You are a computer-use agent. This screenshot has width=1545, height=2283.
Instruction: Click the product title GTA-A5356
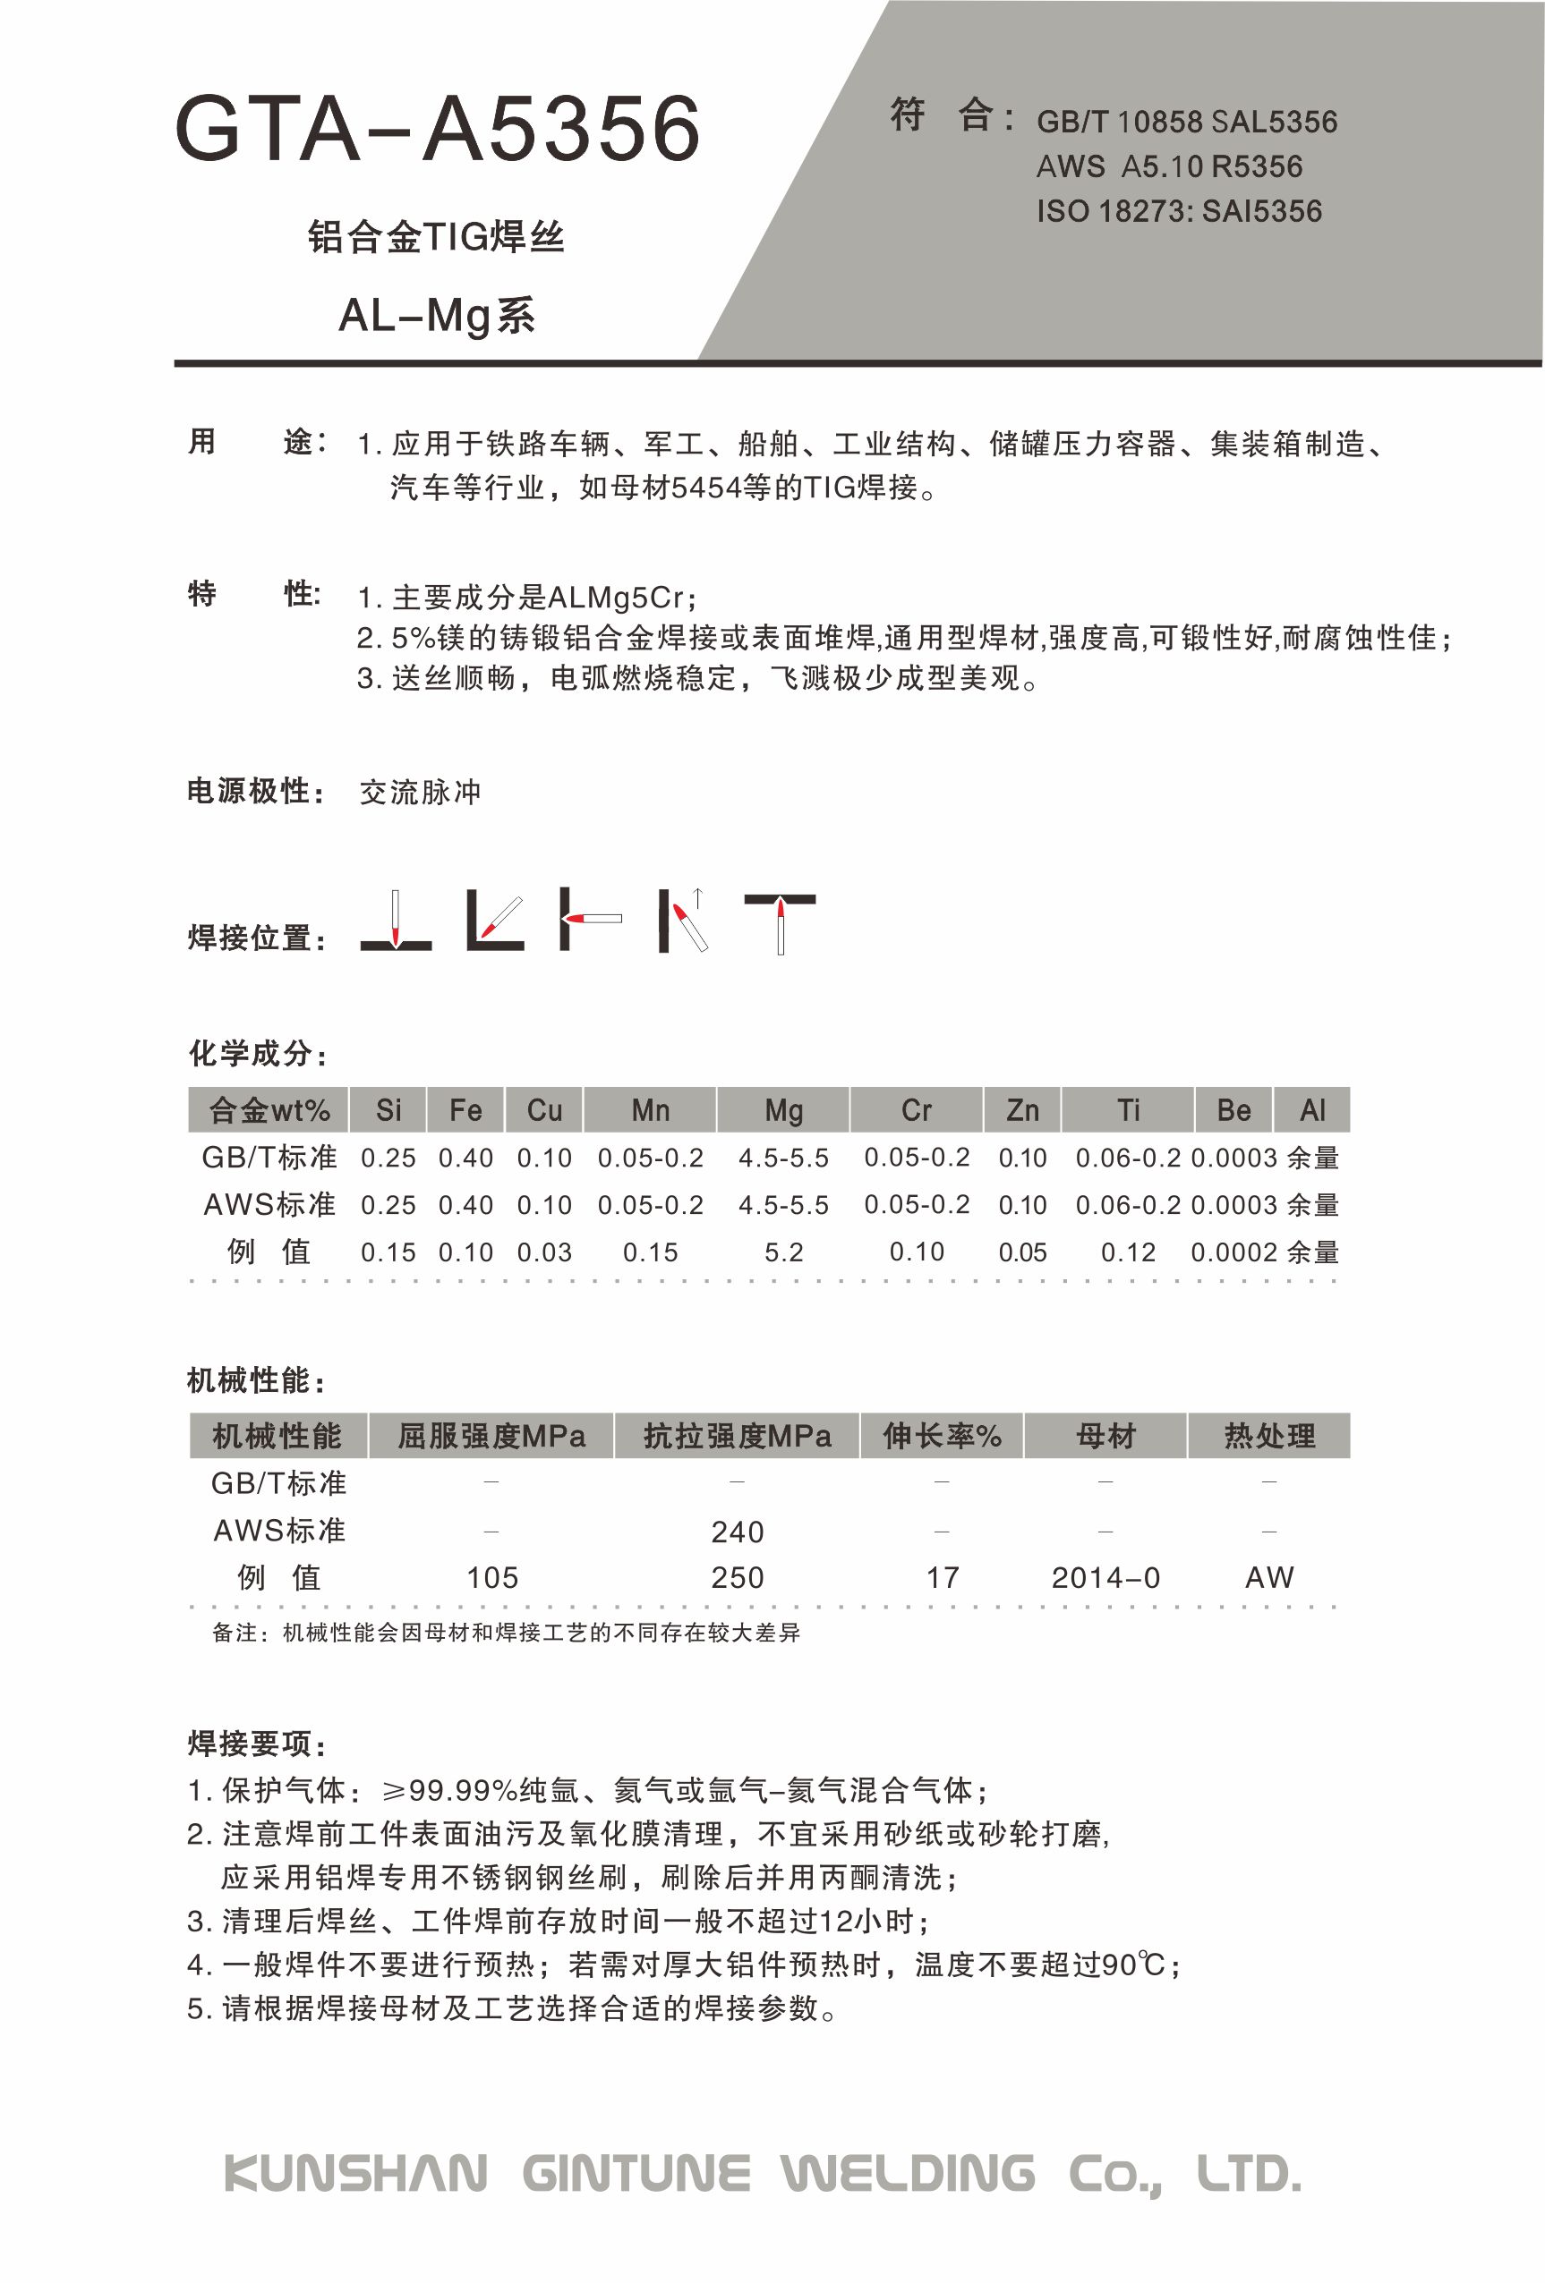coord(438,130)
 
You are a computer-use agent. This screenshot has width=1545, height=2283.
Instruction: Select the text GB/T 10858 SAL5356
coord(1186,122)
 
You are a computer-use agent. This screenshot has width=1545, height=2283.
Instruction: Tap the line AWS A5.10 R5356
coord(1168,167)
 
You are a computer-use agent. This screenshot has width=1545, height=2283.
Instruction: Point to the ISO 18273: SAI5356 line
coord(1178,211)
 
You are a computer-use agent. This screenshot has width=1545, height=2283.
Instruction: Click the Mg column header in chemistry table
coord(783,1110)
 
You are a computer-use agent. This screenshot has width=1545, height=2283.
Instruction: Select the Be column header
coord(1233,1110)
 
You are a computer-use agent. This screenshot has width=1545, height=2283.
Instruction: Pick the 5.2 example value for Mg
coord(783,1252)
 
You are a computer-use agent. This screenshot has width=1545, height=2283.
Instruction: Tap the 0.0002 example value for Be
coord(1233,1252)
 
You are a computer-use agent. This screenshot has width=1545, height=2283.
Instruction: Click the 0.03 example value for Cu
coord(543,1252)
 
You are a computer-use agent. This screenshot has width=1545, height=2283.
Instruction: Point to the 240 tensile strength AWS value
coord(737,1532)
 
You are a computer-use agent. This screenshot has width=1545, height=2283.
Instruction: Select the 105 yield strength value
coord(491,1578)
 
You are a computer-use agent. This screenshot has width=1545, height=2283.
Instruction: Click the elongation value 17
coord(942,1578)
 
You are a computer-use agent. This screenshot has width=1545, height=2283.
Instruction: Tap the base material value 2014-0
coord(1105,1578)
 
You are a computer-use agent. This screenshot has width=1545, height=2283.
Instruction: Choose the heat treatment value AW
coord(1268,1578)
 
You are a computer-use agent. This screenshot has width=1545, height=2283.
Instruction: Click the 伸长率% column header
coord(942,1436)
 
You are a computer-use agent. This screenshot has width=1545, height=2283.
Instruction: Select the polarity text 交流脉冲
coord(420,792)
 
